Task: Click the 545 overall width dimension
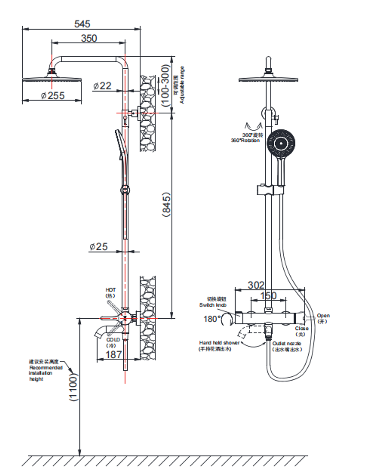[82, 24]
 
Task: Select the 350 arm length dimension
[89, 38]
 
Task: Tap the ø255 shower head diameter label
[53, 95]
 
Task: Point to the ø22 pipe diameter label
[102, 86]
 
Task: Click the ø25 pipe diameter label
[98, 246]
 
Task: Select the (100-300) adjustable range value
[165, 85]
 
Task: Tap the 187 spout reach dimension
[114, 354]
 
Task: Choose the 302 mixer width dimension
[256, 285]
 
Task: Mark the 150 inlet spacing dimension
[268, 295]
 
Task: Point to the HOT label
[111, 290]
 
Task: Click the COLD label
[113, 339]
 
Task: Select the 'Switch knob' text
[213, 305]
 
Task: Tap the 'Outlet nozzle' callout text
[287, 343]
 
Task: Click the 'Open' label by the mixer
[323, 315]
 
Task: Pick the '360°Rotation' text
[245, 141]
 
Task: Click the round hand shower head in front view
[281, 143]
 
